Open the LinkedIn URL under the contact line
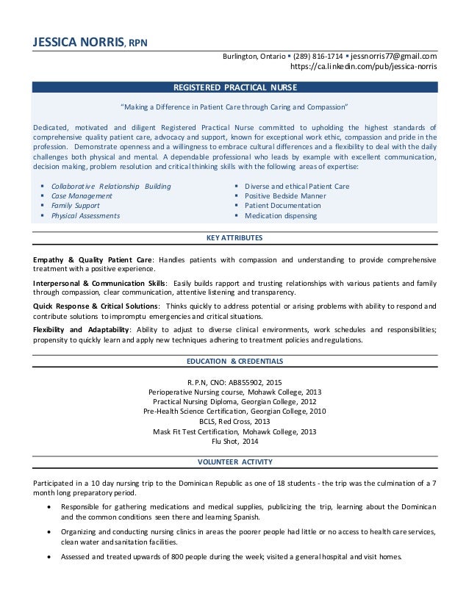[x=364, y=67]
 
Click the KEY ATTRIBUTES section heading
[x=234, y=238]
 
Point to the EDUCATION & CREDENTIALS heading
[x=234, y=362]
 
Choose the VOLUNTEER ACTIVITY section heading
[x=234, y=461]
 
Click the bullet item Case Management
[x=82, y=196]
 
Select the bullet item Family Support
[x=75, y=206]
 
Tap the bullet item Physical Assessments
[x=86, y=217]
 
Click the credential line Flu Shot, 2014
[x=234, y=442]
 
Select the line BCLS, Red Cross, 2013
[x=234, y=422]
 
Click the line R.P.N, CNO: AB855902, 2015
[x=234, y=381]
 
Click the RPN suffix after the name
[x=140, y=42]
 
